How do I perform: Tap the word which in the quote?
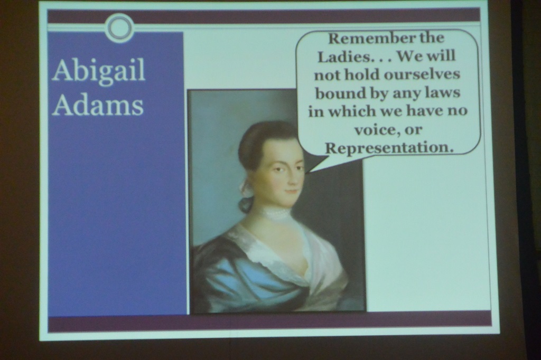tap(352, 111)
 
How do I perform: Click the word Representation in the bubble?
tap(389, 148)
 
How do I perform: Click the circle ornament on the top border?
tap(120, 27)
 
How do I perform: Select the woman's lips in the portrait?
tap(292, 191)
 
